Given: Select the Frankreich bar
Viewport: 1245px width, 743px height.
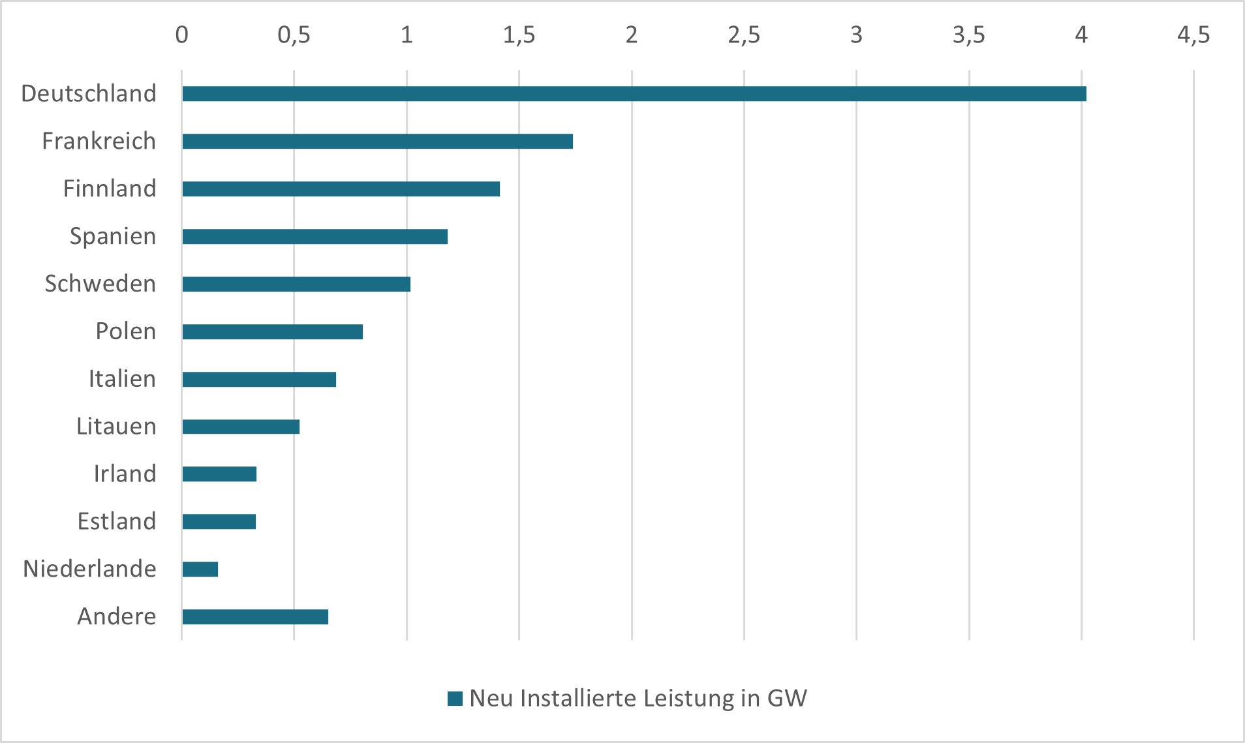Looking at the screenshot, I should click(x=377, y=142).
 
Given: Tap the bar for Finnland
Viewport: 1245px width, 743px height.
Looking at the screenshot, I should click(x=341, y=189).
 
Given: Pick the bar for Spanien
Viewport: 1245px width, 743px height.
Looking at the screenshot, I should click(x=315, y=237).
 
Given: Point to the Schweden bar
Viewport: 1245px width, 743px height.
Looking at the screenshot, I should click(x=296, y=284).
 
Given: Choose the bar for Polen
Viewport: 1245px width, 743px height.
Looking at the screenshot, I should click(x=272, y=332).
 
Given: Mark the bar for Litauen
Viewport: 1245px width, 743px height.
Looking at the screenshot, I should click(x=241, y=427).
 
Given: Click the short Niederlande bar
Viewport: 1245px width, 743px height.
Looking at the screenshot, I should click(x=200, y=569).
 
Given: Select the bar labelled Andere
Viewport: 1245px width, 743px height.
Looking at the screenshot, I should click(x=255, y=617).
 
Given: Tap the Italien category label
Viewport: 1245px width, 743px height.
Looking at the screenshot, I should click(x=122, y=379).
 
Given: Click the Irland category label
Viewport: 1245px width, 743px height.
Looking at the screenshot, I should click(x=125, y=474).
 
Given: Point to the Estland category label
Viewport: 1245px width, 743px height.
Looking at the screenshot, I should click(x=117, y=521).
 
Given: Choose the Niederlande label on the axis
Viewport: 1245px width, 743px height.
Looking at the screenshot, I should click(x=89, y=569).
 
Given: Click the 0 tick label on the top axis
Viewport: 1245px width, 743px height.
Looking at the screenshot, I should click(x=182, y=35).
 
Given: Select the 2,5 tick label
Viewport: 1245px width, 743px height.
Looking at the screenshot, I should click(x=744, y=35).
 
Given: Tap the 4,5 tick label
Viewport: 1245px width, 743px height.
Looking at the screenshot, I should click(x=1193, y=35).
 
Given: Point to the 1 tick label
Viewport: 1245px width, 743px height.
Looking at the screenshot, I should click(x=407, y=35).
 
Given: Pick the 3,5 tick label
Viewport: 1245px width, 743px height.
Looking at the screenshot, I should click(x=969, y=35).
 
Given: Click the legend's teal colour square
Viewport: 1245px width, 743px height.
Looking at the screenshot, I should click(x=455, y=699).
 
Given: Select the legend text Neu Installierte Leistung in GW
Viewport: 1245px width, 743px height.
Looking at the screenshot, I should click(x=638, y=699).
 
